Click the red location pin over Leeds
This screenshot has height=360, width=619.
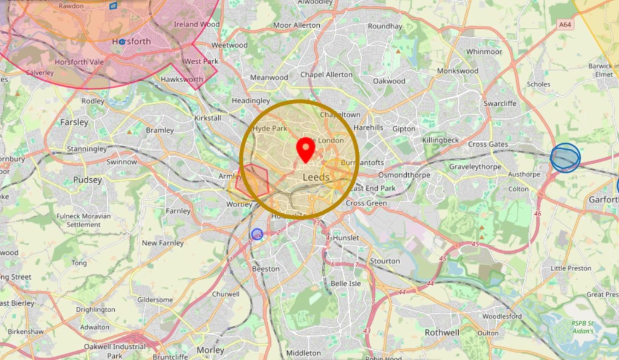click(x=306, y=149)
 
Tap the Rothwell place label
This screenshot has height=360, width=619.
click(x=442, y=332)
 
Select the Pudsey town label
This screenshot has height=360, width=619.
click(x=88, y=180)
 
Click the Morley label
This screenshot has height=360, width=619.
click(x=210, y=350)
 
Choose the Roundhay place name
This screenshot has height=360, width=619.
click(x=384, y=27)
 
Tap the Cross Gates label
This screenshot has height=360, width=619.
click(x=488, y=144)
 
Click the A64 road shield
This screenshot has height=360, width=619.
click(x=565, y=25)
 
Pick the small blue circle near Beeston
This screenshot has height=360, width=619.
click(x=257, y=234)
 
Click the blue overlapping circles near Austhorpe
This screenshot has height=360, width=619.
click(x=565, y=158)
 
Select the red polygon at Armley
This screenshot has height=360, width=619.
click(x=253, y=180)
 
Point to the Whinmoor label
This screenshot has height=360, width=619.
click(x=484, y=52)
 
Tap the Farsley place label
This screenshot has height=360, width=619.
click(x=74, y=122)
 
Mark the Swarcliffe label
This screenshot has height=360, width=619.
click(x=500, y=103)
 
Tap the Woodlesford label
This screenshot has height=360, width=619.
click(x=502, y=316)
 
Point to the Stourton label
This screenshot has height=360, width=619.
click(x=384, y=261)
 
